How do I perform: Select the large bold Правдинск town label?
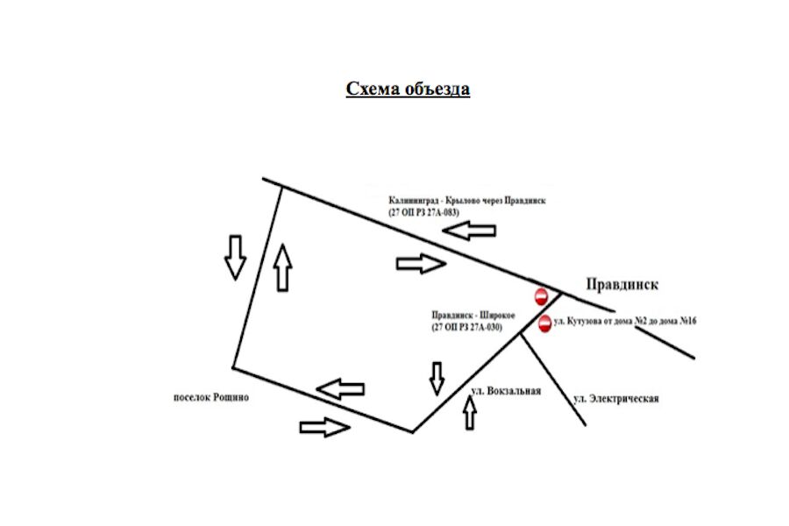click(622, 285)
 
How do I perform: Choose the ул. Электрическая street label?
click(616, 399)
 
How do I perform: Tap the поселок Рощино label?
click(211, 397)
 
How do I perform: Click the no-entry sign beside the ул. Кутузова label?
click(544, 323)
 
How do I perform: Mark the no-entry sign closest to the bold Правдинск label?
click(541, 294)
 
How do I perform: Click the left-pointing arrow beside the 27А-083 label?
click(469, 231)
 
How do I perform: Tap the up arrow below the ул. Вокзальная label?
click(469, 413)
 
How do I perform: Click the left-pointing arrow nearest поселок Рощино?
click(340, 387)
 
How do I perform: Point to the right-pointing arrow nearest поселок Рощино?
click(324, 427)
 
